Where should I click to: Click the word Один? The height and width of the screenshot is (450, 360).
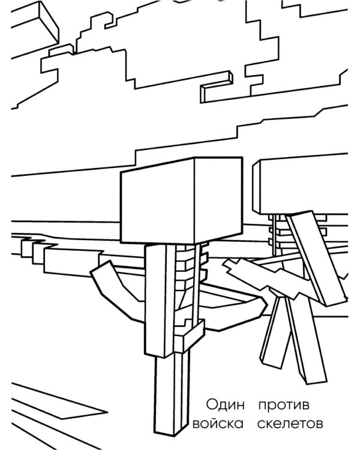226,405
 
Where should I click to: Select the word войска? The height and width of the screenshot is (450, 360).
218,424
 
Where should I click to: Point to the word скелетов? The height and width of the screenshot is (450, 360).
290,424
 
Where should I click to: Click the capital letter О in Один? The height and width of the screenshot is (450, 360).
211,404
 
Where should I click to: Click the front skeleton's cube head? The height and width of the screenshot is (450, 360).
181,200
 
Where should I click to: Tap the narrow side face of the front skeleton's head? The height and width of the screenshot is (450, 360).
218,199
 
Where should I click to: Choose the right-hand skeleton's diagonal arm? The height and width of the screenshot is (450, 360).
316,258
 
